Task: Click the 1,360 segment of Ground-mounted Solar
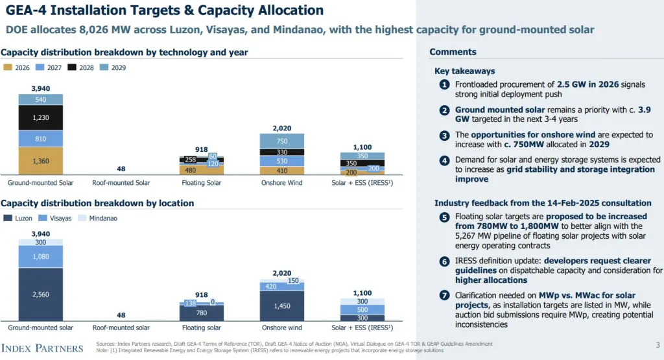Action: (x=40, y=161)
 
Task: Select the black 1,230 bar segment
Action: (x=40, y=117)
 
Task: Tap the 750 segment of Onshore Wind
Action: (x=282, y=141)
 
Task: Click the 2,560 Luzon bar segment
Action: (x=40, y=294)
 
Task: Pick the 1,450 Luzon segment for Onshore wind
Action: (x=282, y=306)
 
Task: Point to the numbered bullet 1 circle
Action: (x=444, y=85)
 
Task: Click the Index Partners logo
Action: (x=42, y=348)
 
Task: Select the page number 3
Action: (x=657, y=345)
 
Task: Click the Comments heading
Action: (x=453, y=52)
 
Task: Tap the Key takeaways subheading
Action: (x=464, y=71)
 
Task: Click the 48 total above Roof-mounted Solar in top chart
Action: (x=121, y=169)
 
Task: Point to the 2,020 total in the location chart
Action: (x=282, y=273)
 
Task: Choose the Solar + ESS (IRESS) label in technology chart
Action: (x=362, y=183)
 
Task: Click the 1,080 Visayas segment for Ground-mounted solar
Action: (x=40, y=256)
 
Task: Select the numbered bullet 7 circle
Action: (x=444, y=296)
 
